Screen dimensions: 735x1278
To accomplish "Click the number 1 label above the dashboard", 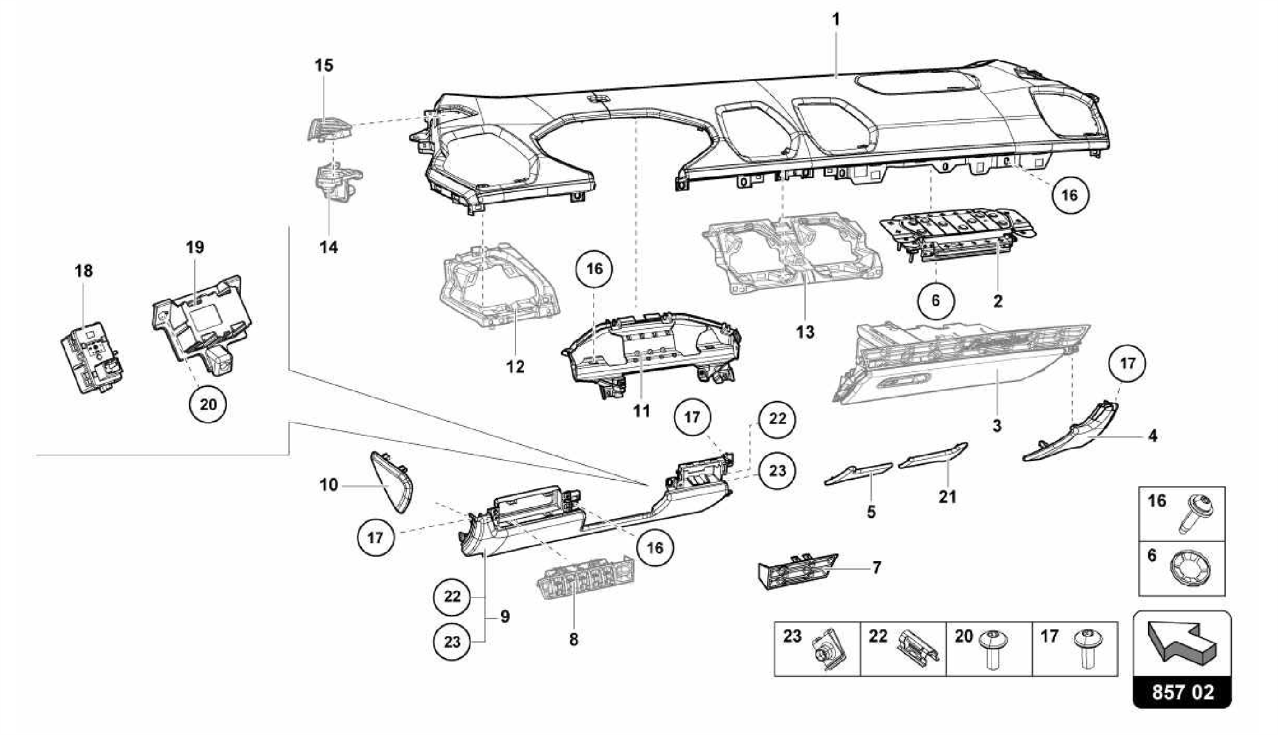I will pos(836,20).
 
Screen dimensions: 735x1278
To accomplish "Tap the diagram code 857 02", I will pos(1183,693).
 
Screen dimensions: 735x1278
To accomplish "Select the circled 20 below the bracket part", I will pos(208,404).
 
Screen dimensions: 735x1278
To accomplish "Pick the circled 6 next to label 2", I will pos(935,301).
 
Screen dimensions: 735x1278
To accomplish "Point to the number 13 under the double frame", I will pos(805,332).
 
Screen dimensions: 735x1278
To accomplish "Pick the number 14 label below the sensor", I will pos(328,247).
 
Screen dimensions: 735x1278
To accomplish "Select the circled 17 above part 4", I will pos(1127,363).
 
